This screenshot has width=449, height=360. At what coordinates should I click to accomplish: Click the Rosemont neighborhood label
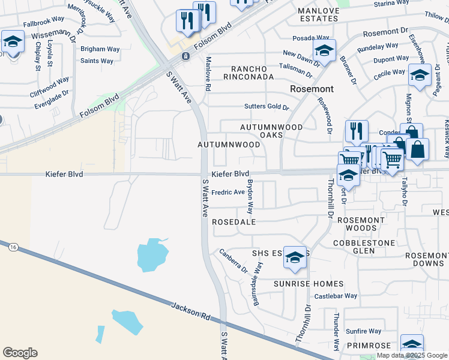tap(311, 89)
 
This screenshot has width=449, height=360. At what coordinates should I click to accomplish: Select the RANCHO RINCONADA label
tap(249, 72)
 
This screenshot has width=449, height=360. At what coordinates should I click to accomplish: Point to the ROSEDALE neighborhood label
tap(234, 222)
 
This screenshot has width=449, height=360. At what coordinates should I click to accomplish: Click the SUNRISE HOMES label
tap(309, 284)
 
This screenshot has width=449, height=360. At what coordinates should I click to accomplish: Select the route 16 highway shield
tap(13, 246)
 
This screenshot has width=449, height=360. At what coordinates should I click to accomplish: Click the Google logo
tap(20, 353)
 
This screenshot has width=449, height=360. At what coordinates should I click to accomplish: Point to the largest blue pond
tap(152, 254)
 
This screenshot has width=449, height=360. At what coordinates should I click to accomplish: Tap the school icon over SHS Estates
tap(295, 257)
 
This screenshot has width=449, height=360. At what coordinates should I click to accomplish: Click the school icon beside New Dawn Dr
tap(324, 51)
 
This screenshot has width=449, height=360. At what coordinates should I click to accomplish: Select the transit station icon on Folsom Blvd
tap(186, 56)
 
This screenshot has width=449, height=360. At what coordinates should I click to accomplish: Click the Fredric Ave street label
tap(228, 193)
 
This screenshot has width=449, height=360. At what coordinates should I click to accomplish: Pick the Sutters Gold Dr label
tap(267, 107)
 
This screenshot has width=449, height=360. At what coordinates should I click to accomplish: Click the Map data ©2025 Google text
tap(411, 355)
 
